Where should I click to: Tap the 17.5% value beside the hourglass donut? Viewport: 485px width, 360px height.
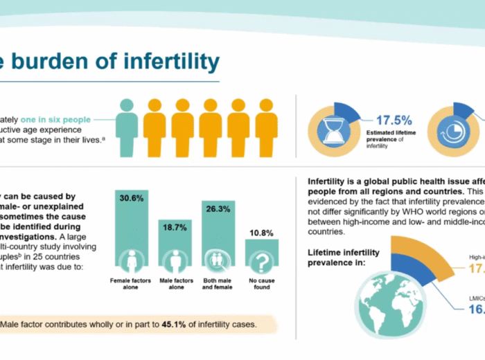[x=394, y=120]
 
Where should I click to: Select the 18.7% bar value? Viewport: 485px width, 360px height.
[x=175, y=226]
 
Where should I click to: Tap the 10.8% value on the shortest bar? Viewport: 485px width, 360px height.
[x=262, y=233]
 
